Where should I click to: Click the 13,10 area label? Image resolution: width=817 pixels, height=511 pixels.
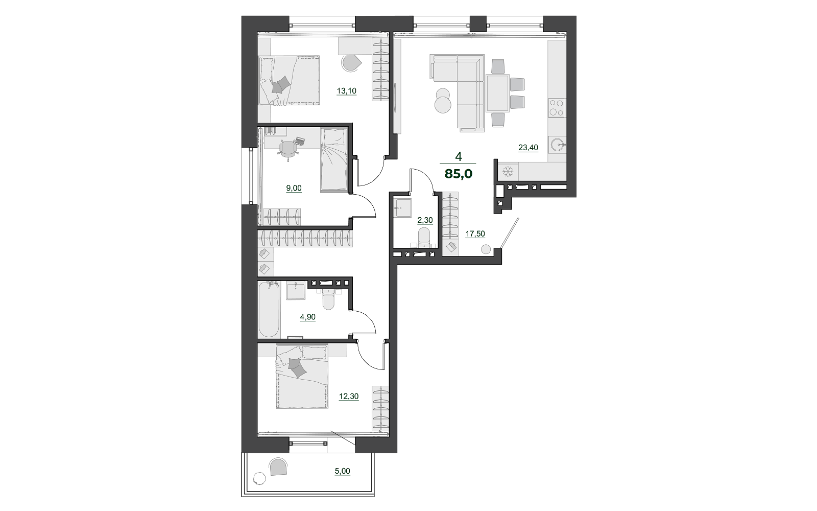347,91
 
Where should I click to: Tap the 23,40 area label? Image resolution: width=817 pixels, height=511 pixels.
528,148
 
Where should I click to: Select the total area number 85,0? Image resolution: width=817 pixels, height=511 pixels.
459,174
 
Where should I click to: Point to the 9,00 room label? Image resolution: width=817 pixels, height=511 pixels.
294,189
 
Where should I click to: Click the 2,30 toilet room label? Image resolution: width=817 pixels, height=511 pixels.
425,220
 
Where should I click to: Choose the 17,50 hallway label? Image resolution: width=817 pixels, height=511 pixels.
475,234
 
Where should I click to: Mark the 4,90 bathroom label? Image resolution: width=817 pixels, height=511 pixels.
308,317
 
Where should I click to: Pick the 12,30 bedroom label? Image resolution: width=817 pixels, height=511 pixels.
349,397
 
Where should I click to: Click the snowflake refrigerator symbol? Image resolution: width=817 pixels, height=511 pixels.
508,171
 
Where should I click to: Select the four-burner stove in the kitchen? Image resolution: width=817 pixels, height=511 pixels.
557,108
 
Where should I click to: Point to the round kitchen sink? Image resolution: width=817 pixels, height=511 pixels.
558,145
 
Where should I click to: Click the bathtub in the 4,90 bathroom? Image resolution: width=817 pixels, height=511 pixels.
269,310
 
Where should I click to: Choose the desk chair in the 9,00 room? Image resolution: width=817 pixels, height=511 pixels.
289,149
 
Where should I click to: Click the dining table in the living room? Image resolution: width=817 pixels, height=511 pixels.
497,93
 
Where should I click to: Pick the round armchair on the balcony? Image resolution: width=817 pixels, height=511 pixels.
278,467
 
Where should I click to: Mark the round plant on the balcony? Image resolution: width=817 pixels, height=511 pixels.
259,478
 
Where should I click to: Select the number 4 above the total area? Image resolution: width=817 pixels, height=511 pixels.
459,156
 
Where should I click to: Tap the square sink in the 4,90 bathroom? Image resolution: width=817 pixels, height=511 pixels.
296,291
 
